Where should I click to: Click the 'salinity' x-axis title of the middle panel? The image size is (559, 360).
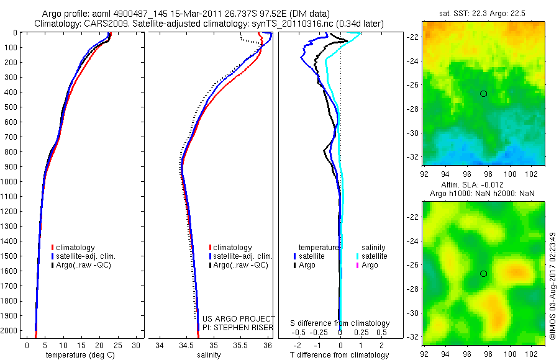click(x=209, y=355)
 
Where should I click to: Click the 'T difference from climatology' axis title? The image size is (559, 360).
click(x=339, y=355)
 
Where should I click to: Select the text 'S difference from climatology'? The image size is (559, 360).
click(x=340, y=323)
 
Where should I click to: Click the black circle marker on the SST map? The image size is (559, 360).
click(x=483, y=93)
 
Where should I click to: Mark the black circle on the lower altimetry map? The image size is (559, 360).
click(x=483, y=274)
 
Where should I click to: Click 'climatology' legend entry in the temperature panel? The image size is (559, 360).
click(x=76, y=248)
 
